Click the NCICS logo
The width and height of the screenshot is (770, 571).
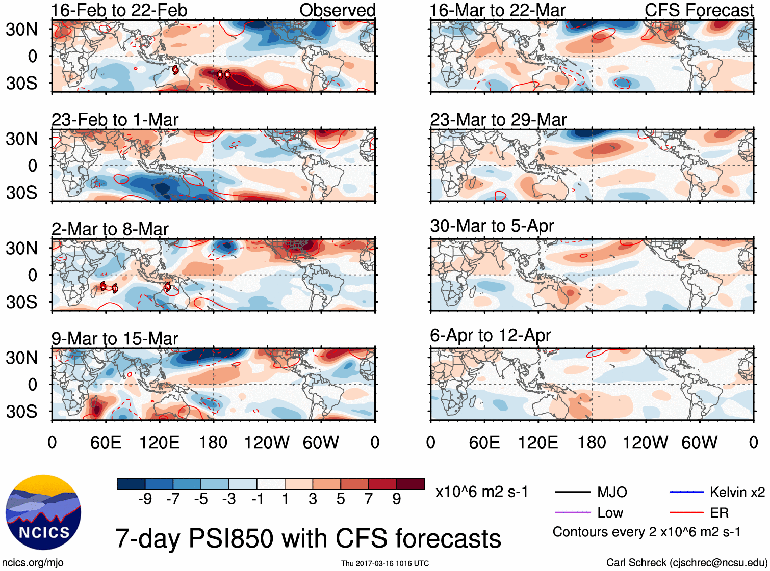tap(43, 512)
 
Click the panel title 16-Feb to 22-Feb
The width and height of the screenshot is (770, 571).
tap(119, 10)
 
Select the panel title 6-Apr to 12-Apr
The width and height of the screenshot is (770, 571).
tap(491, 335)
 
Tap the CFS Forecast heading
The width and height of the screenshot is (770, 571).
tap(699, 10)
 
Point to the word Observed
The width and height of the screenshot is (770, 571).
tap(337, 10)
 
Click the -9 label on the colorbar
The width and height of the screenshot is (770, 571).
tap(145, 499)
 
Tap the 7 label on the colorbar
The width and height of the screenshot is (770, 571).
tap(369, 499)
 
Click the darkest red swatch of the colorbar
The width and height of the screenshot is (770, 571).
tap(410, 484)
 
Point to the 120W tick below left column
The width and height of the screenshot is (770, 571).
tap(267, 442)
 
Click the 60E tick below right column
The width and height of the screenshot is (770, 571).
tap(484, 442)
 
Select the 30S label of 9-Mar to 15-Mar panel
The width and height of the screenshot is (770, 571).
tap(22, 412)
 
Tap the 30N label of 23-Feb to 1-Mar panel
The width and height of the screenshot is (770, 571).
tap(22, 139)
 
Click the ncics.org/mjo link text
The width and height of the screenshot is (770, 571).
tap(33, 563)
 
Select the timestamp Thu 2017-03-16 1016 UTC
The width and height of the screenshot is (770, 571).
tap(385, 563)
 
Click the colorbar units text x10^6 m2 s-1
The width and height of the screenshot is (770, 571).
tap(482, 492)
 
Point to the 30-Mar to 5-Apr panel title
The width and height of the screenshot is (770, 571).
tap(492, 226)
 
